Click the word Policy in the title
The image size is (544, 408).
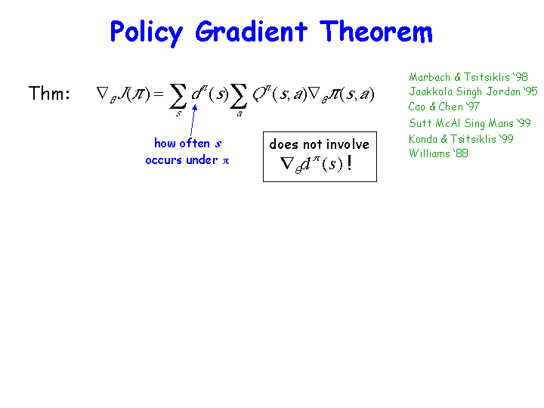pos(147,33)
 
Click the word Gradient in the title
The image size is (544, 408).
pos(251,32)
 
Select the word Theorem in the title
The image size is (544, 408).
pos(376,32)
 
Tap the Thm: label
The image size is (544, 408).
pos(49,93)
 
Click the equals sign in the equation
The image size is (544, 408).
pos(158,94)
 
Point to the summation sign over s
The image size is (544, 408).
pos(178,96)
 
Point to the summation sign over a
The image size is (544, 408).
pos(238,96)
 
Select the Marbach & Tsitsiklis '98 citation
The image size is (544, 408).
pos(468,76)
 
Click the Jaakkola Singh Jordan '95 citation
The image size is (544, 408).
pos(473,91)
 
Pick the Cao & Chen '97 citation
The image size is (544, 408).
pos(444,107)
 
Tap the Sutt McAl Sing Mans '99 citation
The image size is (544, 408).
pos(470,123)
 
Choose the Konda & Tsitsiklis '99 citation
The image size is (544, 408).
pos(461,139)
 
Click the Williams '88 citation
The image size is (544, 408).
pos(438,153)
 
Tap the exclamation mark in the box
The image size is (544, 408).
pos(349,162)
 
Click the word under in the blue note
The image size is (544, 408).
pos(202,160)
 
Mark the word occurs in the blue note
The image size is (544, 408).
pos(164,161)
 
